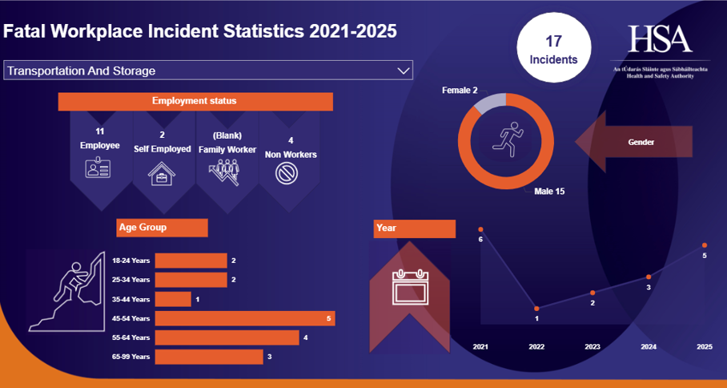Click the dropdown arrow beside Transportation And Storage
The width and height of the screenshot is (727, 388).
403,71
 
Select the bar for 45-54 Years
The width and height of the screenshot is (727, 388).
244,318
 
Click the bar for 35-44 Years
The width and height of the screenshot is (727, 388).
173,299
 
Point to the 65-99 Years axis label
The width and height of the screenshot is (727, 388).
131,357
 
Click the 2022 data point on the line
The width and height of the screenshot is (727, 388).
536,309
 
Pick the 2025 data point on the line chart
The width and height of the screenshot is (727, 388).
705,245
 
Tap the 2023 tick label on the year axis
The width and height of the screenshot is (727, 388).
592,346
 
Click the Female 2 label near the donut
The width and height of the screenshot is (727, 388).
460,91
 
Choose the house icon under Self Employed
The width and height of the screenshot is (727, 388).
162,172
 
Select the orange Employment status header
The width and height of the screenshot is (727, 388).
195,101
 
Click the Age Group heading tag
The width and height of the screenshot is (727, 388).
162,228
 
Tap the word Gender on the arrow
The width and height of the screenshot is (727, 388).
641,142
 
